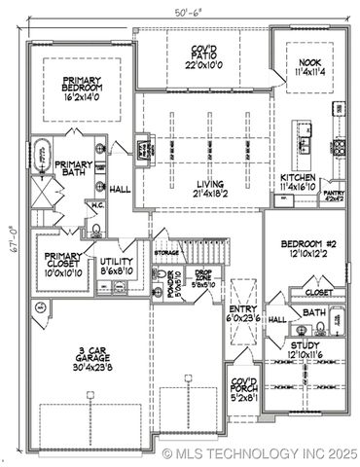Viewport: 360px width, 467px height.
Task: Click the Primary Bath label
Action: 73,172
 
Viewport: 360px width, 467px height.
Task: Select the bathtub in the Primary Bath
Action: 41,158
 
